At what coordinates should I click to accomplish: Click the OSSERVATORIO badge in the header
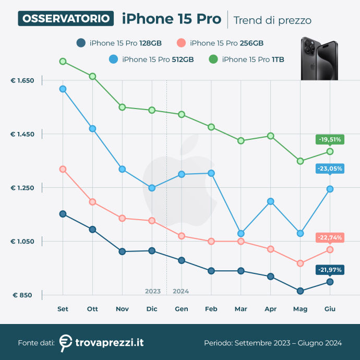click(x=66, y=19)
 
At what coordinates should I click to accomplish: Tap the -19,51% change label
click(x=329, y=139)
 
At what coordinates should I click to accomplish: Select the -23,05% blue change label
click(x=329, y=169)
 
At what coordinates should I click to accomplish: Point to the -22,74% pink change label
click(x=329, y=237)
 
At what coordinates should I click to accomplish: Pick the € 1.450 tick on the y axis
click(x=22, y=135)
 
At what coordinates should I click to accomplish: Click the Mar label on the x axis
click(x=241, y=309)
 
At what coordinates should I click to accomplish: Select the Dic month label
click(x=152, y=309)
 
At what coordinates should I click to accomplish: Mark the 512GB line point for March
click(x=241, y=233)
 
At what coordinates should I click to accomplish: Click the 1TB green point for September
click(x=63, y=61)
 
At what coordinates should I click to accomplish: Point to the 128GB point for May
click(x=300, y=291)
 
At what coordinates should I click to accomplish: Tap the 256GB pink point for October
click(x=92, y=202)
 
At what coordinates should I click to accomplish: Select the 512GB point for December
click(x=152, y=188)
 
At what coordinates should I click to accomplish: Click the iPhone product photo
click(x=318, y=58)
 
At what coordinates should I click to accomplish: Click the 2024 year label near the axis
click(x=181, y=291)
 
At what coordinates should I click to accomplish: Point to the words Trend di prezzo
click(x=272, y=20)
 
